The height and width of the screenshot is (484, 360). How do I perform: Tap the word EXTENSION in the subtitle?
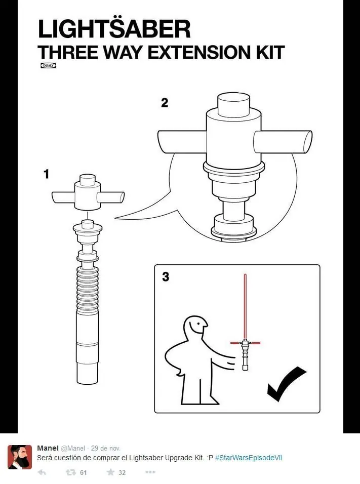tap(200, 52)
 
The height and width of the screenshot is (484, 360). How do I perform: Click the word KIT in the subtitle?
tap(270, 52)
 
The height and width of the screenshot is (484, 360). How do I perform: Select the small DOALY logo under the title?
tap(48, 65)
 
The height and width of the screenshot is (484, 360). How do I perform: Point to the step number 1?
tap(46, 174)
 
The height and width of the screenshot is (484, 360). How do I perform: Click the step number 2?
tap(165, 102)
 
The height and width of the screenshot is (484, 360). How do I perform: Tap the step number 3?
tap(166, 276)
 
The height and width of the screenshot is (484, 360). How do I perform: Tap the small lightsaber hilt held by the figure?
tap(245, 355)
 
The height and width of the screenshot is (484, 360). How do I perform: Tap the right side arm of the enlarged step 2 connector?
tap(283, 142)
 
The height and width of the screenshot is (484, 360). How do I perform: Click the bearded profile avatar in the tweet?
tap(20, 457)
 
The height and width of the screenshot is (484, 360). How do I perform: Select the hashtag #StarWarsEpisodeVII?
tap(248, 458)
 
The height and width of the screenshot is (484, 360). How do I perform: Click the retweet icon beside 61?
tap(71, 472)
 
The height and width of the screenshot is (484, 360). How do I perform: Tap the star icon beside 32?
tap(110, 472)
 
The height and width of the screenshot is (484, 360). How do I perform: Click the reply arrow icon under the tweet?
tap(42, 472)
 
